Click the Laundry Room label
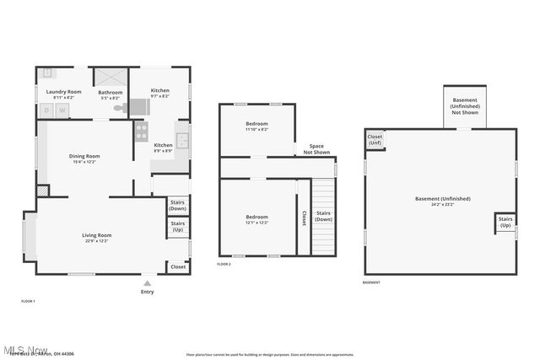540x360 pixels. tap(63, 94)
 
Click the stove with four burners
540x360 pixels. tap(141, 132)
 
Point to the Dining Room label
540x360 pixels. tap(84, 158)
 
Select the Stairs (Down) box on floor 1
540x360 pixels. tap(178, 206)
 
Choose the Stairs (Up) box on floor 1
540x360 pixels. tap(178, 227)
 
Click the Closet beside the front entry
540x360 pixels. tap(178, 266)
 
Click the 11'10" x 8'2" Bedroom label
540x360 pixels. tap(256, 126)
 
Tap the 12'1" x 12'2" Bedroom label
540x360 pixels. tap(256, 219)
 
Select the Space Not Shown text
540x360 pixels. tap(316, 148)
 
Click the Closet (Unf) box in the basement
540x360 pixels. tap(375, 139)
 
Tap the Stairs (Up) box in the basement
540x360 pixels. tap(505, 223)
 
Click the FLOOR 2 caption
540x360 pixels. tap(224, 265)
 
